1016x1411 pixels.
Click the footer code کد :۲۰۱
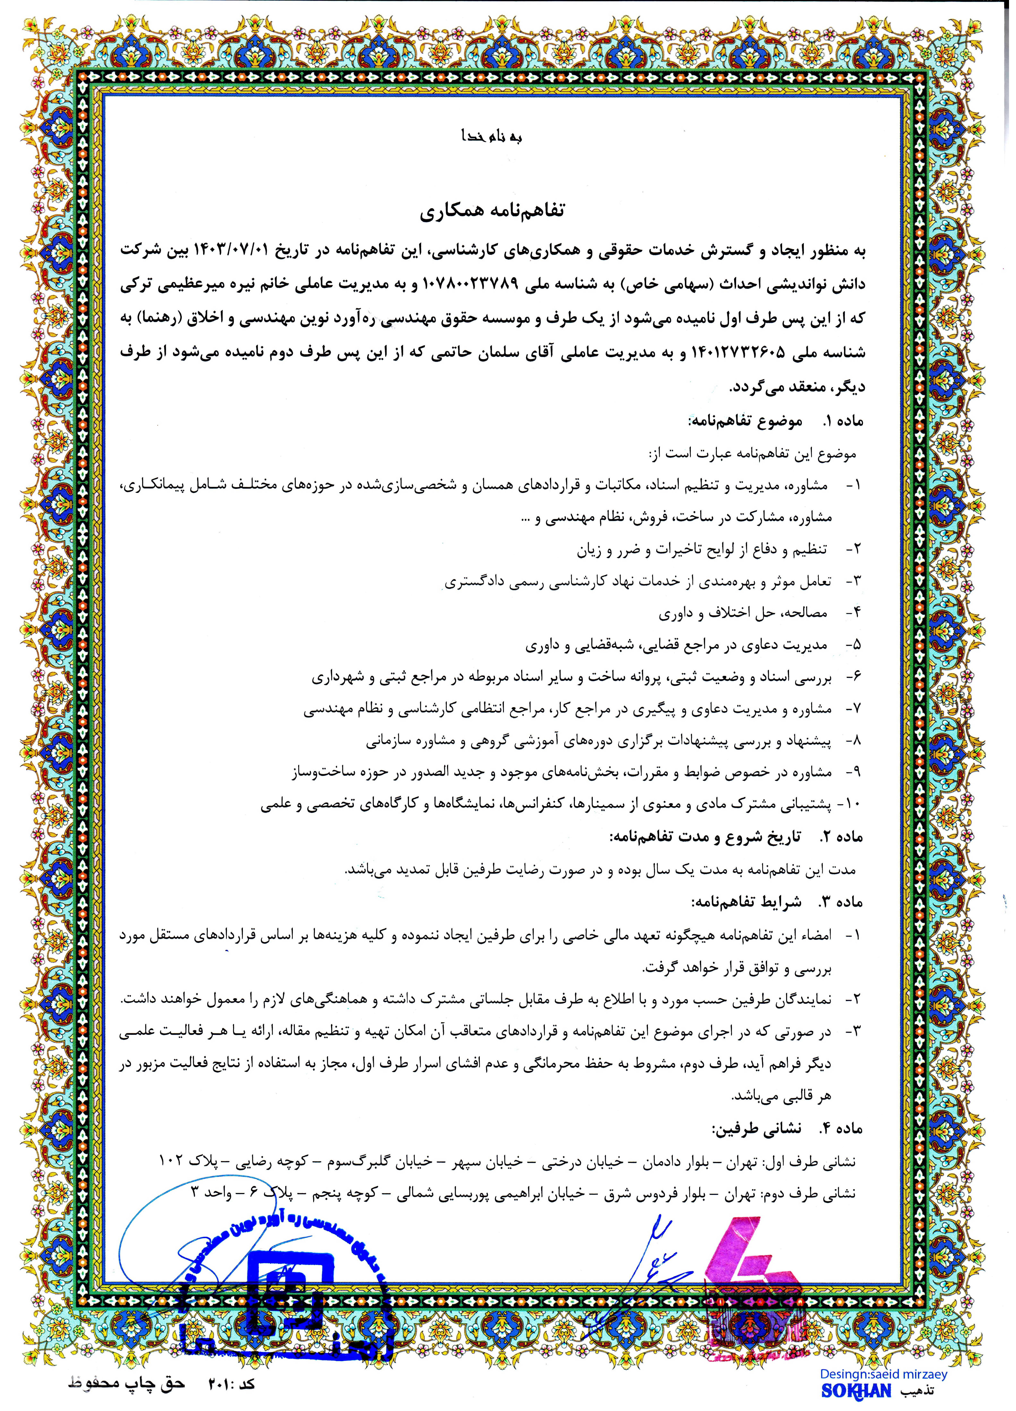click(x=227, y=1384)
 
